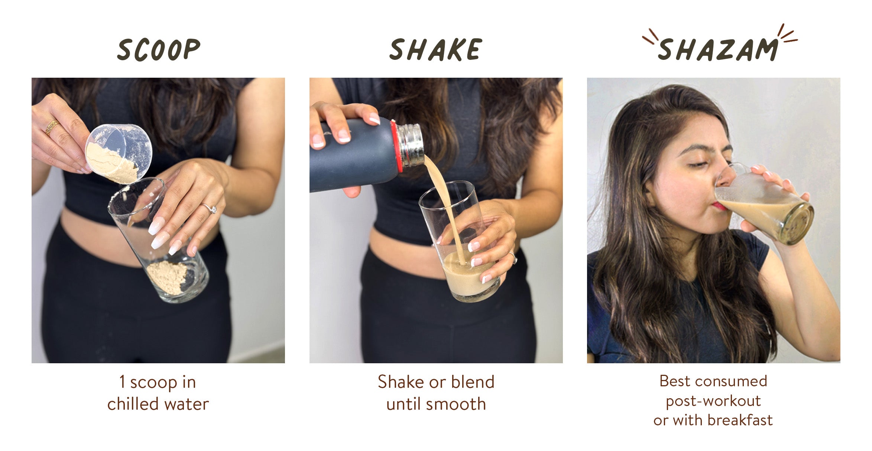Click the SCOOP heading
click(x=159, y=49)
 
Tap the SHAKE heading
click(x=436, y=49)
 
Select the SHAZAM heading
click(x=718, y=49)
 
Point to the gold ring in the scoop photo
click(x=52, y=127)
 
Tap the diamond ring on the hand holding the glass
click(x=209, y=208)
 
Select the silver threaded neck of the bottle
click(x=410, y=145)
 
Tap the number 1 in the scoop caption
click(x=122, y=382)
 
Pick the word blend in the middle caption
click(x=473, y=382)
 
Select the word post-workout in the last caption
click(x=713, y=401)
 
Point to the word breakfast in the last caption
click(x=740, y=420)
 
